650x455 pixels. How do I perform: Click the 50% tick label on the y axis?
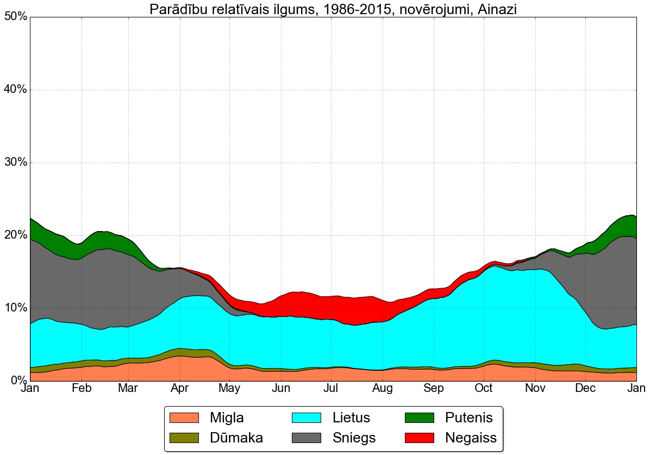(x=15, y=17)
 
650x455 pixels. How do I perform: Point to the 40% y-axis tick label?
(x=15, y=90)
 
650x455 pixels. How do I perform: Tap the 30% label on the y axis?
(x=15, y=163)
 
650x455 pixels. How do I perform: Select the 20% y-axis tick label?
(x=15, y=235)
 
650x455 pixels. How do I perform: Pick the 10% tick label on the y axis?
(x=15, y=308)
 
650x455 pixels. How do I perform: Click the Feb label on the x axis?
(x=82, y=389)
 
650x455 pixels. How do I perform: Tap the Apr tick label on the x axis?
(x=179, y=389)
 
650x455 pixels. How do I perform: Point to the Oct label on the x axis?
(x=484, y=389)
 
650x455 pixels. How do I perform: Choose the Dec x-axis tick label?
(x=586, y=389)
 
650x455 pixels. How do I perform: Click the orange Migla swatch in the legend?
(x=185, y=417)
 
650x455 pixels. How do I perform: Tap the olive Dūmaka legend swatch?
(x=185, y=438)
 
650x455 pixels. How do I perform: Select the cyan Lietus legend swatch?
(x=307, y=417)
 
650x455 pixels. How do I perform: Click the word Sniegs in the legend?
(x=354, y=438)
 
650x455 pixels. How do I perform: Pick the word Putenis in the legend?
(x=468, y=417)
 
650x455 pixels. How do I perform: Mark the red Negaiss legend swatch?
(x=419, y=438)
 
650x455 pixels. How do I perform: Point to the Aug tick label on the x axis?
(x=383, y=389)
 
